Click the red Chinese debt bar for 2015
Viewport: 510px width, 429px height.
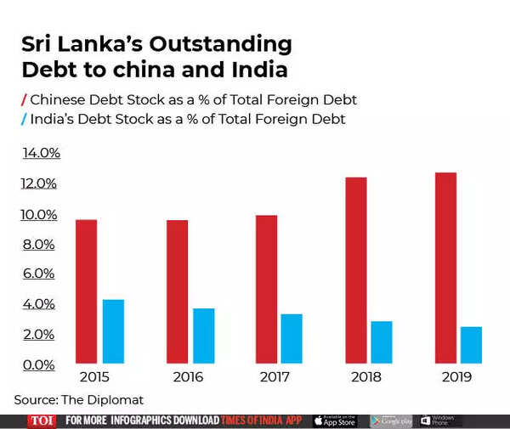[86, 291]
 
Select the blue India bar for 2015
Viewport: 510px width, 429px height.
[113, 331]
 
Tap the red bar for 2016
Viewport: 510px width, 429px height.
[178, 291]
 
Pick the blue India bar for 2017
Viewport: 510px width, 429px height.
[292, 338]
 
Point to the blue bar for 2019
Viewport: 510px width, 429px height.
[471, 344]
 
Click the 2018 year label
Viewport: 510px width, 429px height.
[365, 377]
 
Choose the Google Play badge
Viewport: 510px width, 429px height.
[391, 421]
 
